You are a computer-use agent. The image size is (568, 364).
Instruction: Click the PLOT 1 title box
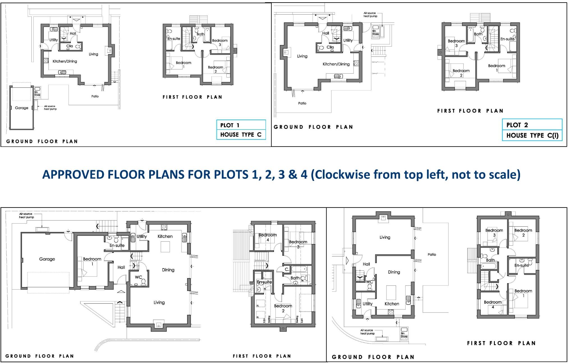click(241, 125)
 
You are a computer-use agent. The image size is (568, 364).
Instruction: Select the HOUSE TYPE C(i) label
click(532, 135)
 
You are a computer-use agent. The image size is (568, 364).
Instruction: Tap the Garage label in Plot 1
click(22, 108)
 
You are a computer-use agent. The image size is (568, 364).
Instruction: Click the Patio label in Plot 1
click(95, 96)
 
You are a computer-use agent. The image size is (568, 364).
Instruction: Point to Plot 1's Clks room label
click(70, 46)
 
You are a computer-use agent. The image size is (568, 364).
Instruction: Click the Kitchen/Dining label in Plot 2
click(336, 64)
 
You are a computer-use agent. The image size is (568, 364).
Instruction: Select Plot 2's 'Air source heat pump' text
click(370, 15)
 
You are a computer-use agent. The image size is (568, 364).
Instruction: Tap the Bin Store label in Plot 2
click(375, 33)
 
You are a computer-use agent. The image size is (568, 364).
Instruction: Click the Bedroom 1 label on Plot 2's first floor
click(496, 67)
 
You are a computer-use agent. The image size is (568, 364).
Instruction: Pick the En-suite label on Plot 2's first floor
click(507, 39)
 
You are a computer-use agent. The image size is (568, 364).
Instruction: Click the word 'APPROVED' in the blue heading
click(73, 174)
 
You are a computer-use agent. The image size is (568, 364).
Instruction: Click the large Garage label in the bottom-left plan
click(47, 259)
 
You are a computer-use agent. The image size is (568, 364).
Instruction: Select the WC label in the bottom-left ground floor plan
click(138, 277)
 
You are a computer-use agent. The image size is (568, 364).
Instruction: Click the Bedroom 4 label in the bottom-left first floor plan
click(267, 237)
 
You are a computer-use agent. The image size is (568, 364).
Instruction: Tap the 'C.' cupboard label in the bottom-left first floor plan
click(287, 269)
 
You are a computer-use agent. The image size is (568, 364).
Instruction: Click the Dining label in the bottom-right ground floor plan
click(394, 272)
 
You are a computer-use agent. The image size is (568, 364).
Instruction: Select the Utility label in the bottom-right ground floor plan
click(367, 304)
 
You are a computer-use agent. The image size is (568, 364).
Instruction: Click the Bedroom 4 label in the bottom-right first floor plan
click(493, 304)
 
